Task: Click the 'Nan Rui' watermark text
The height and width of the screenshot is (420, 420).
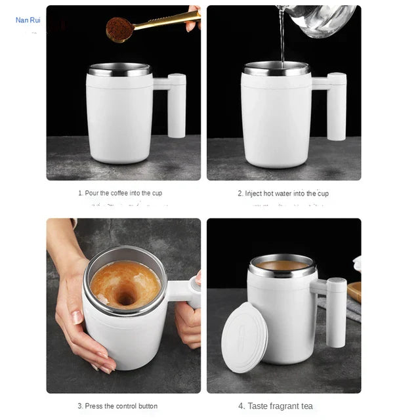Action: pyautogui.click(x=28, y=20)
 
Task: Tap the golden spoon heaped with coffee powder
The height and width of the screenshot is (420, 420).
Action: pyautogui.click(x=131, y=27)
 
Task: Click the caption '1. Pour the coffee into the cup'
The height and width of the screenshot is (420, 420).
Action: pyautogui.click(x=120, y=194)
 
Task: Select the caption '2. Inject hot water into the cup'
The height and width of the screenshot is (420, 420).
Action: pyautogui.click(x=283, y=194)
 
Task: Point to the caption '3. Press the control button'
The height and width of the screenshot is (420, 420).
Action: pyautogui.click(x=117, y=406)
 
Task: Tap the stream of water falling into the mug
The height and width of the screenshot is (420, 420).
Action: pyautogui.click(x=283, y=39)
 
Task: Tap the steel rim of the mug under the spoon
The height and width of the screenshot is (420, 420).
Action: pyautogui.click(x=119, y=69)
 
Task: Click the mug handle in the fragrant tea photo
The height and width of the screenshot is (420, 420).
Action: pyautogui.click(x=335, y=311)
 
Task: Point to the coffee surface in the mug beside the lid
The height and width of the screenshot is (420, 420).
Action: pyautogui.click(x=283, y=265)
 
